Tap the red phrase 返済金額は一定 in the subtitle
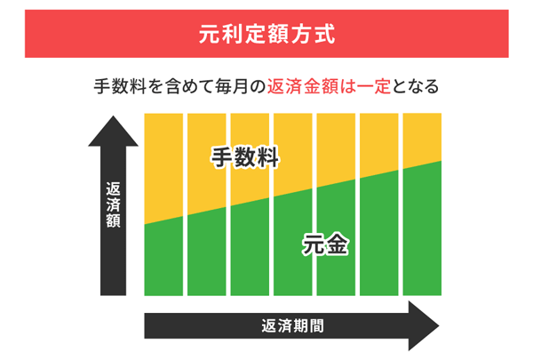pos(329,88)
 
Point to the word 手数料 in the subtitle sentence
pos(120,88)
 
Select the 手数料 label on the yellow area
pos(245,160)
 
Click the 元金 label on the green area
pos(324,243)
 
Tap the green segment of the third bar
pos(250,258)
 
